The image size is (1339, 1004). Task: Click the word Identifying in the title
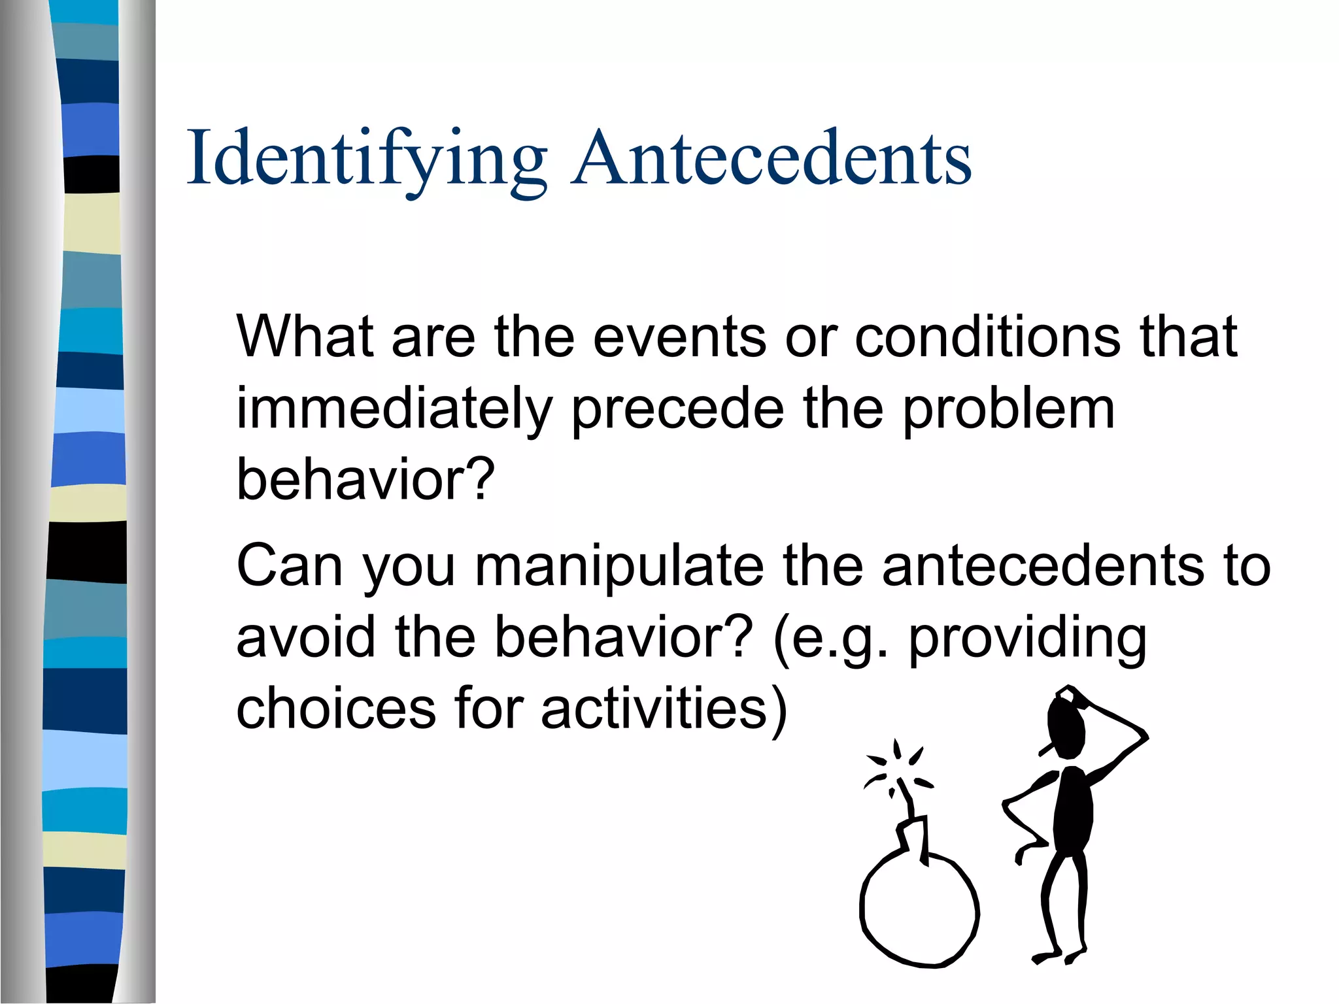[366, 159]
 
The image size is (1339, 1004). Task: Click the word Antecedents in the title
[771, 159]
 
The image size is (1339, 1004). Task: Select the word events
[680, 338]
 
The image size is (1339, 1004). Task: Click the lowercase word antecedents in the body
[1042, 565]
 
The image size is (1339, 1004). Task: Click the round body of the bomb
[919, 909]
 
